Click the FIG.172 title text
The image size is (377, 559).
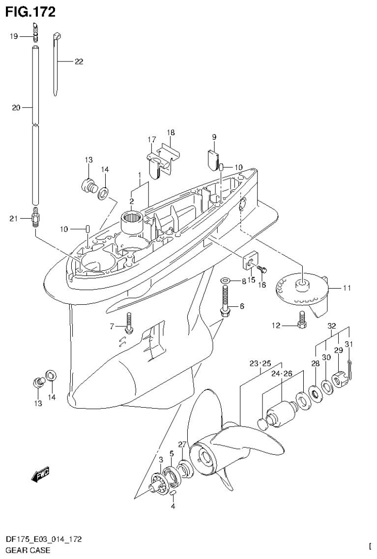pos(30,11)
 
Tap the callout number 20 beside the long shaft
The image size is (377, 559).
pos(15,108)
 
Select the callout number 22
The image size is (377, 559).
pos(79,62)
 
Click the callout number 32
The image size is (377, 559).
pos(331,325)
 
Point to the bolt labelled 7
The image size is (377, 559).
pos(129,322)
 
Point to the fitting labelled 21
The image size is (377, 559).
pos(35,218)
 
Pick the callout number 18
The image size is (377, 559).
pos(171,133)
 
